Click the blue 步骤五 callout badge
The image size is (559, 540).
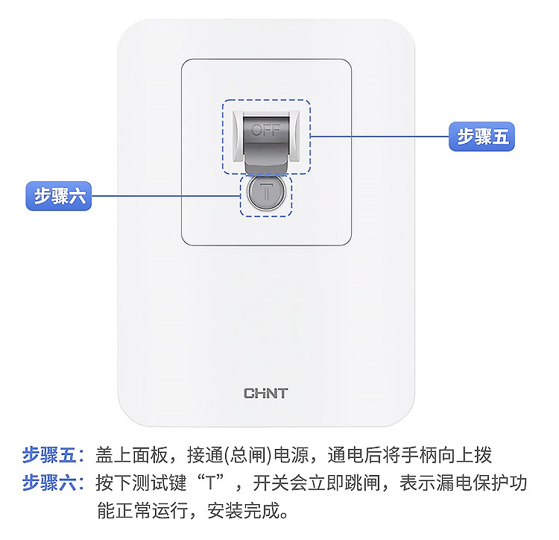481,136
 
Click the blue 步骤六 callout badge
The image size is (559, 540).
59,196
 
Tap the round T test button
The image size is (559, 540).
266,192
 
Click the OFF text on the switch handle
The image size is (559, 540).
266,131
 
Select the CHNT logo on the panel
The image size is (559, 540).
266,393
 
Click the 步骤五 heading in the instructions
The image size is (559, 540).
49,456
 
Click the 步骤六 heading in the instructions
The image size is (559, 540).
49,483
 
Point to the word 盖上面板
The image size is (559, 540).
132,456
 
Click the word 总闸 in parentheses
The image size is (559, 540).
247,456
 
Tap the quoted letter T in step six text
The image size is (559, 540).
211,483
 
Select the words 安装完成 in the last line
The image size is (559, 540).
244,511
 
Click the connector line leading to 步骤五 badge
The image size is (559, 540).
379,136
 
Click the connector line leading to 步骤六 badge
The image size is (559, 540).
165,196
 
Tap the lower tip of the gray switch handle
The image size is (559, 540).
266,172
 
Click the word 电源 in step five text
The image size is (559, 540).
292,456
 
